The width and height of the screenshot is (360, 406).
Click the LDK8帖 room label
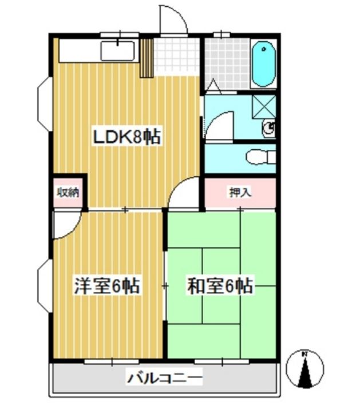[127, 137]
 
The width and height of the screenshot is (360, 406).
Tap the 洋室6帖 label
[107, 286]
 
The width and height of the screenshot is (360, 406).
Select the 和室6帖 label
[220, 286]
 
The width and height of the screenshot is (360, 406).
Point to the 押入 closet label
[240, 192]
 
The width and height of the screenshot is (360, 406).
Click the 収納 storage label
[68, 192]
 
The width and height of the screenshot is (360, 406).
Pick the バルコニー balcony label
[164, 379]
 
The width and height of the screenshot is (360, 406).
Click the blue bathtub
[264, 64]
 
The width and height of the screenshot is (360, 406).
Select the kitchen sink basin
[118, 51]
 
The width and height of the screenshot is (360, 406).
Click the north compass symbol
[305, 369]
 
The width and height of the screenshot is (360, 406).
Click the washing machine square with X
[264, 107]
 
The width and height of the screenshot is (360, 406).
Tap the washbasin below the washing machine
[268, 128]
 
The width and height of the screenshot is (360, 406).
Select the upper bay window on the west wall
[45, 104]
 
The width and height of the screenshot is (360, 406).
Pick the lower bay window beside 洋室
[45, 286]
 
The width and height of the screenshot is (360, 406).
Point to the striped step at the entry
[147, 58]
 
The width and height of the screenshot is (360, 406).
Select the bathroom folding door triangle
[215, 85]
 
